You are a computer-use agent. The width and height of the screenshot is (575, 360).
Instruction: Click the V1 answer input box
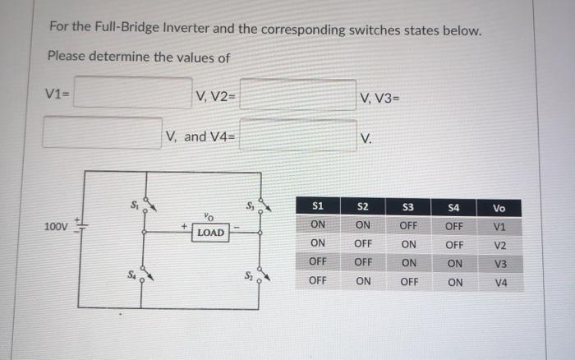(132, 93)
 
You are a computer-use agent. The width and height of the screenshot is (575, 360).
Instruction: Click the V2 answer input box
(297, 95)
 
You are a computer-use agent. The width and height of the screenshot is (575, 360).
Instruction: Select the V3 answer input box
(102, 132)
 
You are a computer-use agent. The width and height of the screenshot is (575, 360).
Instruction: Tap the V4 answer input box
(297, 135)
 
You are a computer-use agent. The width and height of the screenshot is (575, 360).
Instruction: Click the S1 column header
(320, 206)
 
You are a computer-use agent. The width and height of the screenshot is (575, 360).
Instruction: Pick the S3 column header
(408, 206)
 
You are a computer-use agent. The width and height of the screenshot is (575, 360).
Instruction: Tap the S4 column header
(454, 206)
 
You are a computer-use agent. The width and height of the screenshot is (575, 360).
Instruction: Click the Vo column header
(500, 208)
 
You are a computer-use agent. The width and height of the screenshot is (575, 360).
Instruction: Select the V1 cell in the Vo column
(500, 226)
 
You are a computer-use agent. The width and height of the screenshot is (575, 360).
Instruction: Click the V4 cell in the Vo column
(501, 282)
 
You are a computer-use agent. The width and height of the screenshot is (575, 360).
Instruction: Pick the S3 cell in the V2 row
(408, 244)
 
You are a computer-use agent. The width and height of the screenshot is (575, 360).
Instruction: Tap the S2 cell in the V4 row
(363, 281)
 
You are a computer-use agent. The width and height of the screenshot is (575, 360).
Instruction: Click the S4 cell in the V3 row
(454, 263)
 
